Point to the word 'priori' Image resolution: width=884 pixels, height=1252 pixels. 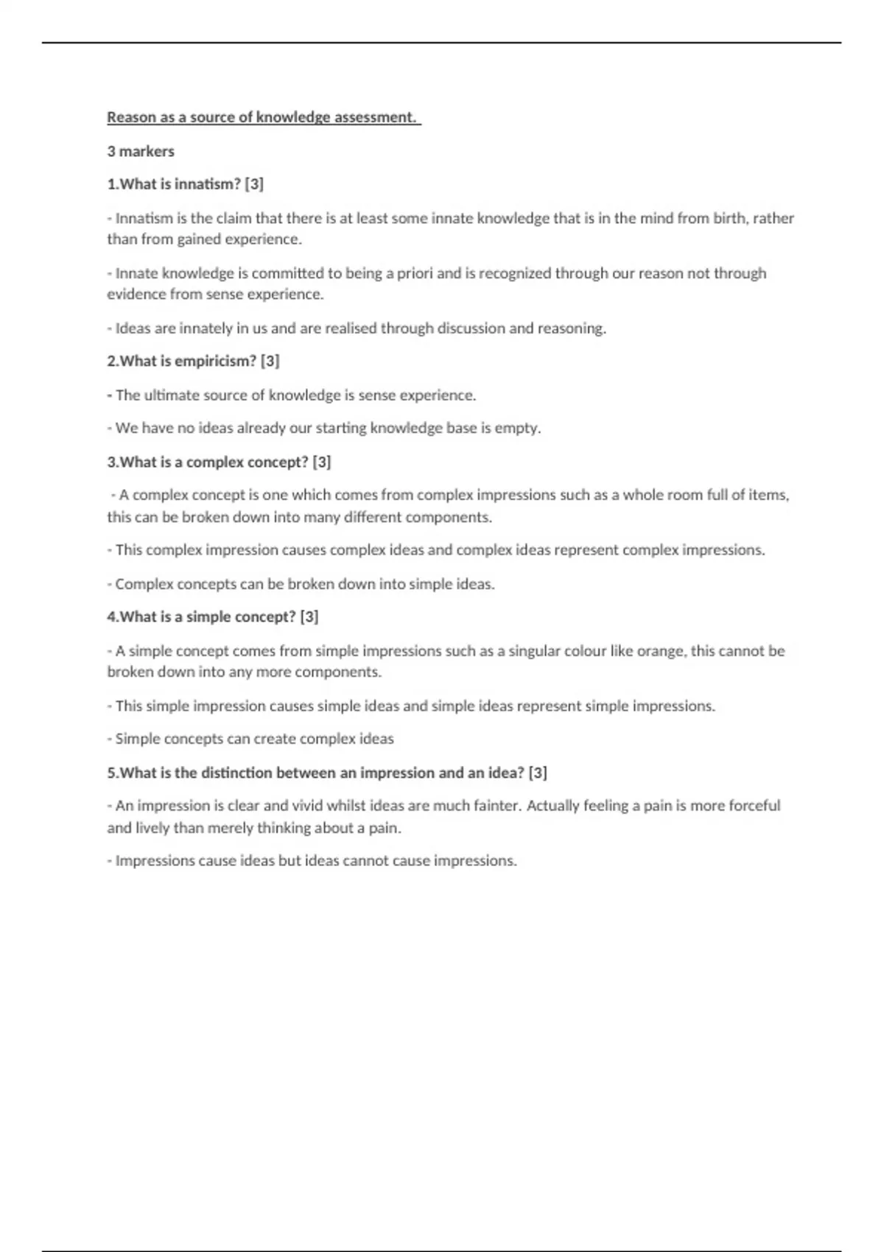click(x=415, y=273)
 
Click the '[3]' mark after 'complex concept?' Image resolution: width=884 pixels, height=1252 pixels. click(x=322, y=462)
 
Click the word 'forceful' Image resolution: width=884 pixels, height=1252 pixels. click(x=754, y=806)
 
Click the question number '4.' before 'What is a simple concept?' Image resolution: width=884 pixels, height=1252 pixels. click(x=113, y=616)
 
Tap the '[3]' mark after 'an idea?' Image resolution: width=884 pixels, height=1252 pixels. click(x=538, y=773)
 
